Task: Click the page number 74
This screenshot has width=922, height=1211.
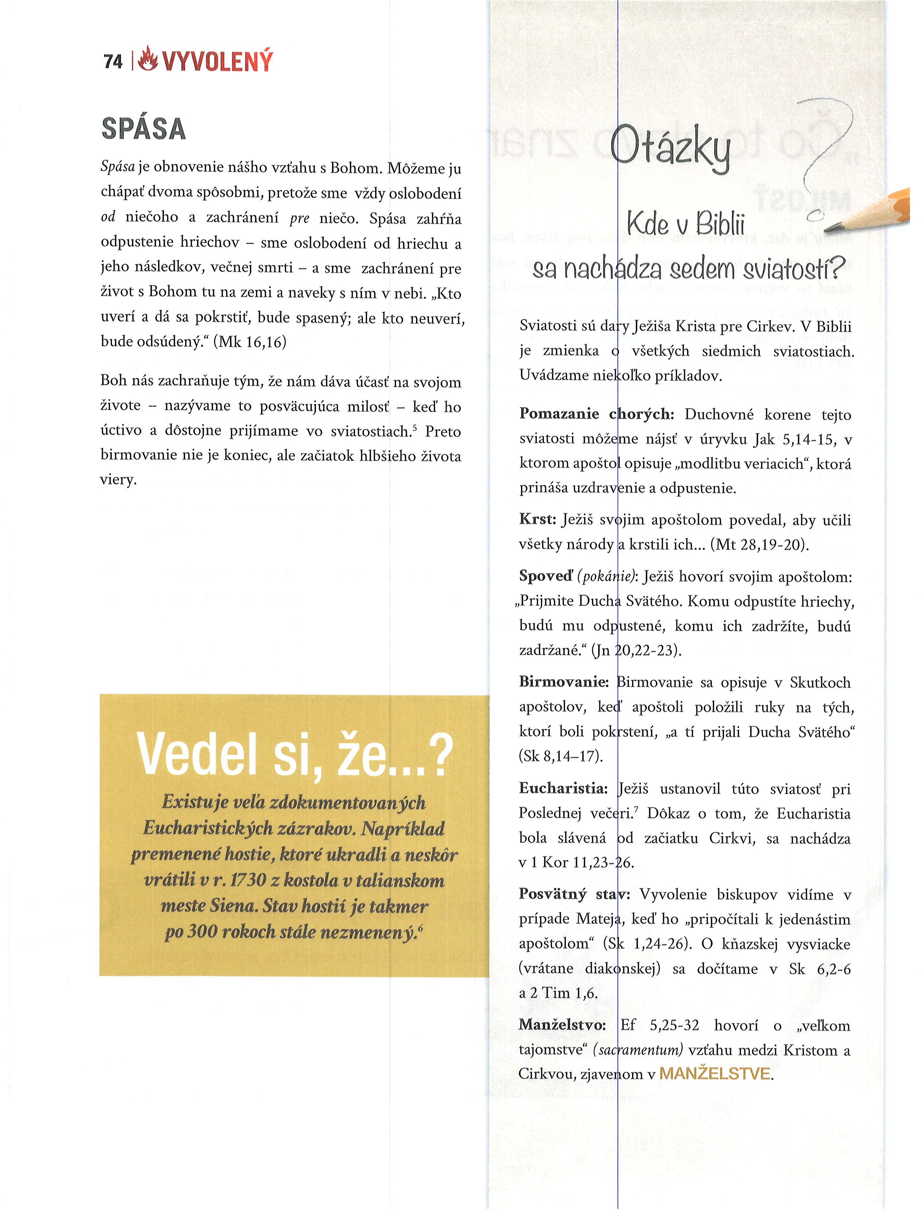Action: coord(113,61)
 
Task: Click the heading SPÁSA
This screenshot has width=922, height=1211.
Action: coord(144,129)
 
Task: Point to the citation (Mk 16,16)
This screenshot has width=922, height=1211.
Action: coord(250,342)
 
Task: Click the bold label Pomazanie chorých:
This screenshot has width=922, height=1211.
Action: coord(597,414)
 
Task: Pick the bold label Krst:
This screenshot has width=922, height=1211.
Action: coord(538,519)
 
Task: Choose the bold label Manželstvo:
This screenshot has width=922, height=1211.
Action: coord(562,1025)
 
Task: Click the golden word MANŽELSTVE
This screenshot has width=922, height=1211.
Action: coord(715,1074)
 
